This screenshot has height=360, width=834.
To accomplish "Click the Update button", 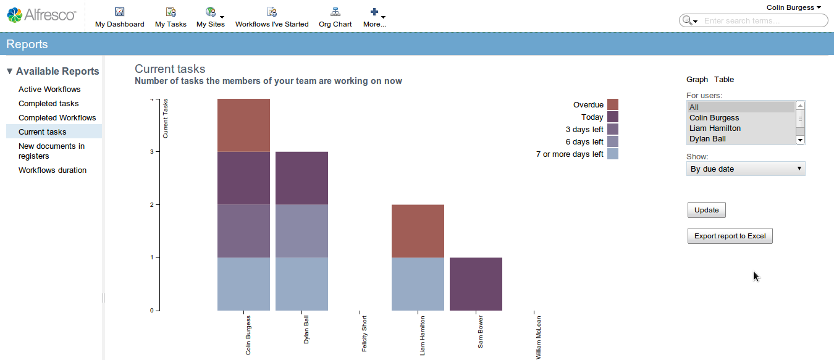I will click(x=706, y=210).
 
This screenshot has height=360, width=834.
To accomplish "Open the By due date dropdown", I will click(x=746, y=169).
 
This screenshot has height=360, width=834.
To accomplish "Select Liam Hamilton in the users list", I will click(x=715, y=128).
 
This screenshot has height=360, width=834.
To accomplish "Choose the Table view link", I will click(x=724, y=80).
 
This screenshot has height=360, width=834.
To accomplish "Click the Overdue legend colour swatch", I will click(x=612, y=105).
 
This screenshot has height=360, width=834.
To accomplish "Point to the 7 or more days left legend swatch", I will click(x=612, y=154).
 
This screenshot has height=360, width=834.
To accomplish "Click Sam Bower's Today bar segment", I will click(x=476, y=284).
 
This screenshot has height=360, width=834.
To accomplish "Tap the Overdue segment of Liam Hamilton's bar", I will click(x=418, y=231).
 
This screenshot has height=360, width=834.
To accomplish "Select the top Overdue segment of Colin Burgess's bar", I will click(x=243, y=125).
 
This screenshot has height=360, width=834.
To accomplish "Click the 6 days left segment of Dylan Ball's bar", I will click(x=301, y=231).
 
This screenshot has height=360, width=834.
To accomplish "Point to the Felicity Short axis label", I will click(x=364, y=333).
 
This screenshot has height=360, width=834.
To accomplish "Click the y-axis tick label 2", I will click(x=151, y=204).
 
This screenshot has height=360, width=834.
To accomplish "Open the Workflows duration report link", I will click(x=53, y=170).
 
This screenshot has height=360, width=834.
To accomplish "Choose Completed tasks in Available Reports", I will click(x=49, y=104).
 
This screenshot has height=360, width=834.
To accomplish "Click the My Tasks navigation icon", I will click(x=171, y=12).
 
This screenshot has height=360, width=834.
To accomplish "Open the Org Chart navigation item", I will click(x=335, y=17).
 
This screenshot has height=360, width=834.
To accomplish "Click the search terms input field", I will click(x=764, y=21).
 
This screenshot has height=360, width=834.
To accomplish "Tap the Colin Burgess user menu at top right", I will click(x=794, y=7).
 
